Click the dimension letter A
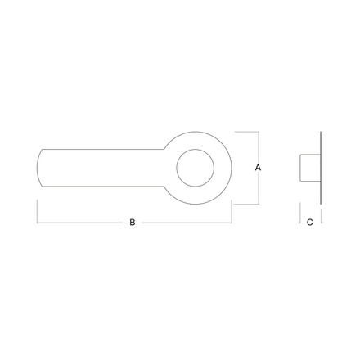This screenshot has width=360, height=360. (x=258, y=168)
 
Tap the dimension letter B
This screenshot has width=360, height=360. (x=133, y=223)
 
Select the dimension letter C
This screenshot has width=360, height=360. (x=310, y=223)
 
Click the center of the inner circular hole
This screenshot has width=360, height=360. (x=195, y=168)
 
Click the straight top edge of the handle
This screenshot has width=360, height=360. (x=103, y=149)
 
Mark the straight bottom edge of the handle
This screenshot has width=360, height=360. (x=103, y=187)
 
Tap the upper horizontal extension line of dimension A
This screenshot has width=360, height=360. (x=246, y=132)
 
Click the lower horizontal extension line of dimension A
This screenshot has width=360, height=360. (x=246, y=204)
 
